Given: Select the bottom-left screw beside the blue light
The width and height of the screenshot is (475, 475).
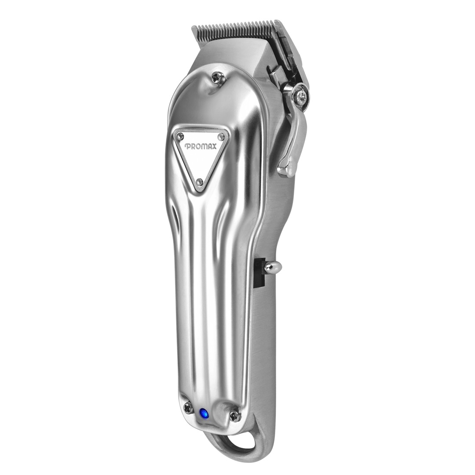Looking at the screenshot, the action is tap(189, 408).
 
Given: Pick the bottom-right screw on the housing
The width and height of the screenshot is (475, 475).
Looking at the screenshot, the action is tap(234, 416).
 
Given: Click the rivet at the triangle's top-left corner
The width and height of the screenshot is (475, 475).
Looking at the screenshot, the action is tap(181, 135).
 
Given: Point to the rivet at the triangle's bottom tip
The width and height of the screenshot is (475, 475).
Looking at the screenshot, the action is tap(199, 182).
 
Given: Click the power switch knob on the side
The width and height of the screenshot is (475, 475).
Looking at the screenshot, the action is tap(273, 267).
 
